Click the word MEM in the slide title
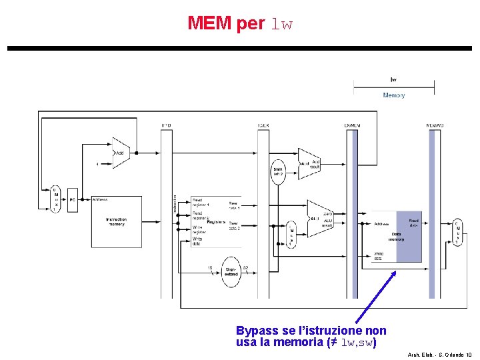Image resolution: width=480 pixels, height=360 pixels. (209, 24)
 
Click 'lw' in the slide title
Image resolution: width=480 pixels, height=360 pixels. (281, 25)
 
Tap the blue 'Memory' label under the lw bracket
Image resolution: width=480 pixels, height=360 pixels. (393, 95)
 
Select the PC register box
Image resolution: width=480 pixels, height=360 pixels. (73, 199)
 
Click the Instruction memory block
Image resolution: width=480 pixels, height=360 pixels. (117, 221)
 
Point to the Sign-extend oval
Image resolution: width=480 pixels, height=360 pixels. (230, 271)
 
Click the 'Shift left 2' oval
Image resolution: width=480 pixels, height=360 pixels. (279, 171)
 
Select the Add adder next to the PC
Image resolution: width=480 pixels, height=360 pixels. (121, 153)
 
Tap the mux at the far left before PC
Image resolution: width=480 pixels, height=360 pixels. (55, 199)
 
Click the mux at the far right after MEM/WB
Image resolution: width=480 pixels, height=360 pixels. (457, 232)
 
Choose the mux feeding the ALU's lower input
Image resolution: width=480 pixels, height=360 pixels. (291, 237)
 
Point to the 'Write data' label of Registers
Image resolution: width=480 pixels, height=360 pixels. (198, 241)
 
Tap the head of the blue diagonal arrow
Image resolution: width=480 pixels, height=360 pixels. (395, 271)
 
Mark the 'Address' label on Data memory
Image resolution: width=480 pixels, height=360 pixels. (381, 225)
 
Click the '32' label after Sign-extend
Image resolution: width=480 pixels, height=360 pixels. (245, 267)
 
